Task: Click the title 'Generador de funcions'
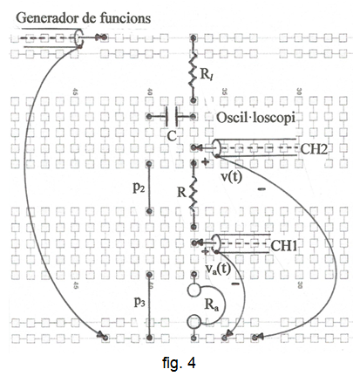pos(83,18)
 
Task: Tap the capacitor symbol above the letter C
pos(172,117)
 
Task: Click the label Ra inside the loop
pos(212,305)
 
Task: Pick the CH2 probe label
pos(314,149)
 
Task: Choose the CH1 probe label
pos(284,246)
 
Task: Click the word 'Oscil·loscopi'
pos(255,118)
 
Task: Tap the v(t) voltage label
pos(231,176)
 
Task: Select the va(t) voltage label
pos(218,269)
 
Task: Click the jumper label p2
pos(139,188)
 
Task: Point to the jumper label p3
pos(139,303)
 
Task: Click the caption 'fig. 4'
pos(179,363)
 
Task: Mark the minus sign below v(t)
pos(262,189)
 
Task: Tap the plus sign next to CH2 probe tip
pos(205,161)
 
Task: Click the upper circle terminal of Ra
pos(194,290)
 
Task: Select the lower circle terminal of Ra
pos(194,322)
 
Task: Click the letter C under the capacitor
pos(172,135)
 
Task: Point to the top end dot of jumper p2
pos(149,164)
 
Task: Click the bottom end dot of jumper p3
pos(149,338)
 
